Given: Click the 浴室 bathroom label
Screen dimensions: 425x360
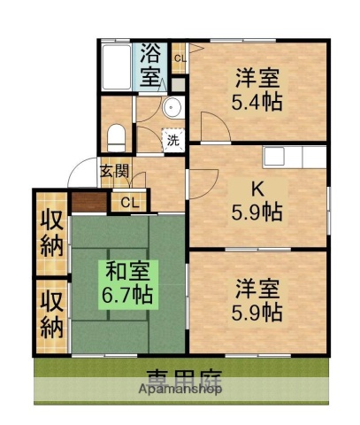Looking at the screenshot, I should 151,63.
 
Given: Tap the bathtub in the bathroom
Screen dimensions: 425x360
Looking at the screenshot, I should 116,66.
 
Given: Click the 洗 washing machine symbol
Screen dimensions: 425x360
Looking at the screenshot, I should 173,140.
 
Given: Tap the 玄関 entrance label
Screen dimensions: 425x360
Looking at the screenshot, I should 112,172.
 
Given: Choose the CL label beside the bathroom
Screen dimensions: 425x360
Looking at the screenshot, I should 180,59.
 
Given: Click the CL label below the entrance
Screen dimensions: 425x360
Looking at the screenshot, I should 129,203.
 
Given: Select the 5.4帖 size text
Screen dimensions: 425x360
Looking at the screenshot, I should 259,100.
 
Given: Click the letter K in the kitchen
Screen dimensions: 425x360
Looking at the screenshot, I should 258,188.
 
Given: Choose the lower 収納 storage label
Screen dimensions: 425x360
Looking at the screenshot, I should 51,314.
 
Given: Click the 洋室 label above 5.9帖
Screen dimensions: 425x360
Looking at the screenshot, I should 258,288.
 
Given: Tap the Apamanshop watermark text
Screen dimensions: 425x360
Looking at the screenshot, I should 180,389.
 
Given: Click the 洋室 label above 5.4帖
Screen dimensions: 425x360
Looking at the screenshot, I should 259,75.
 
